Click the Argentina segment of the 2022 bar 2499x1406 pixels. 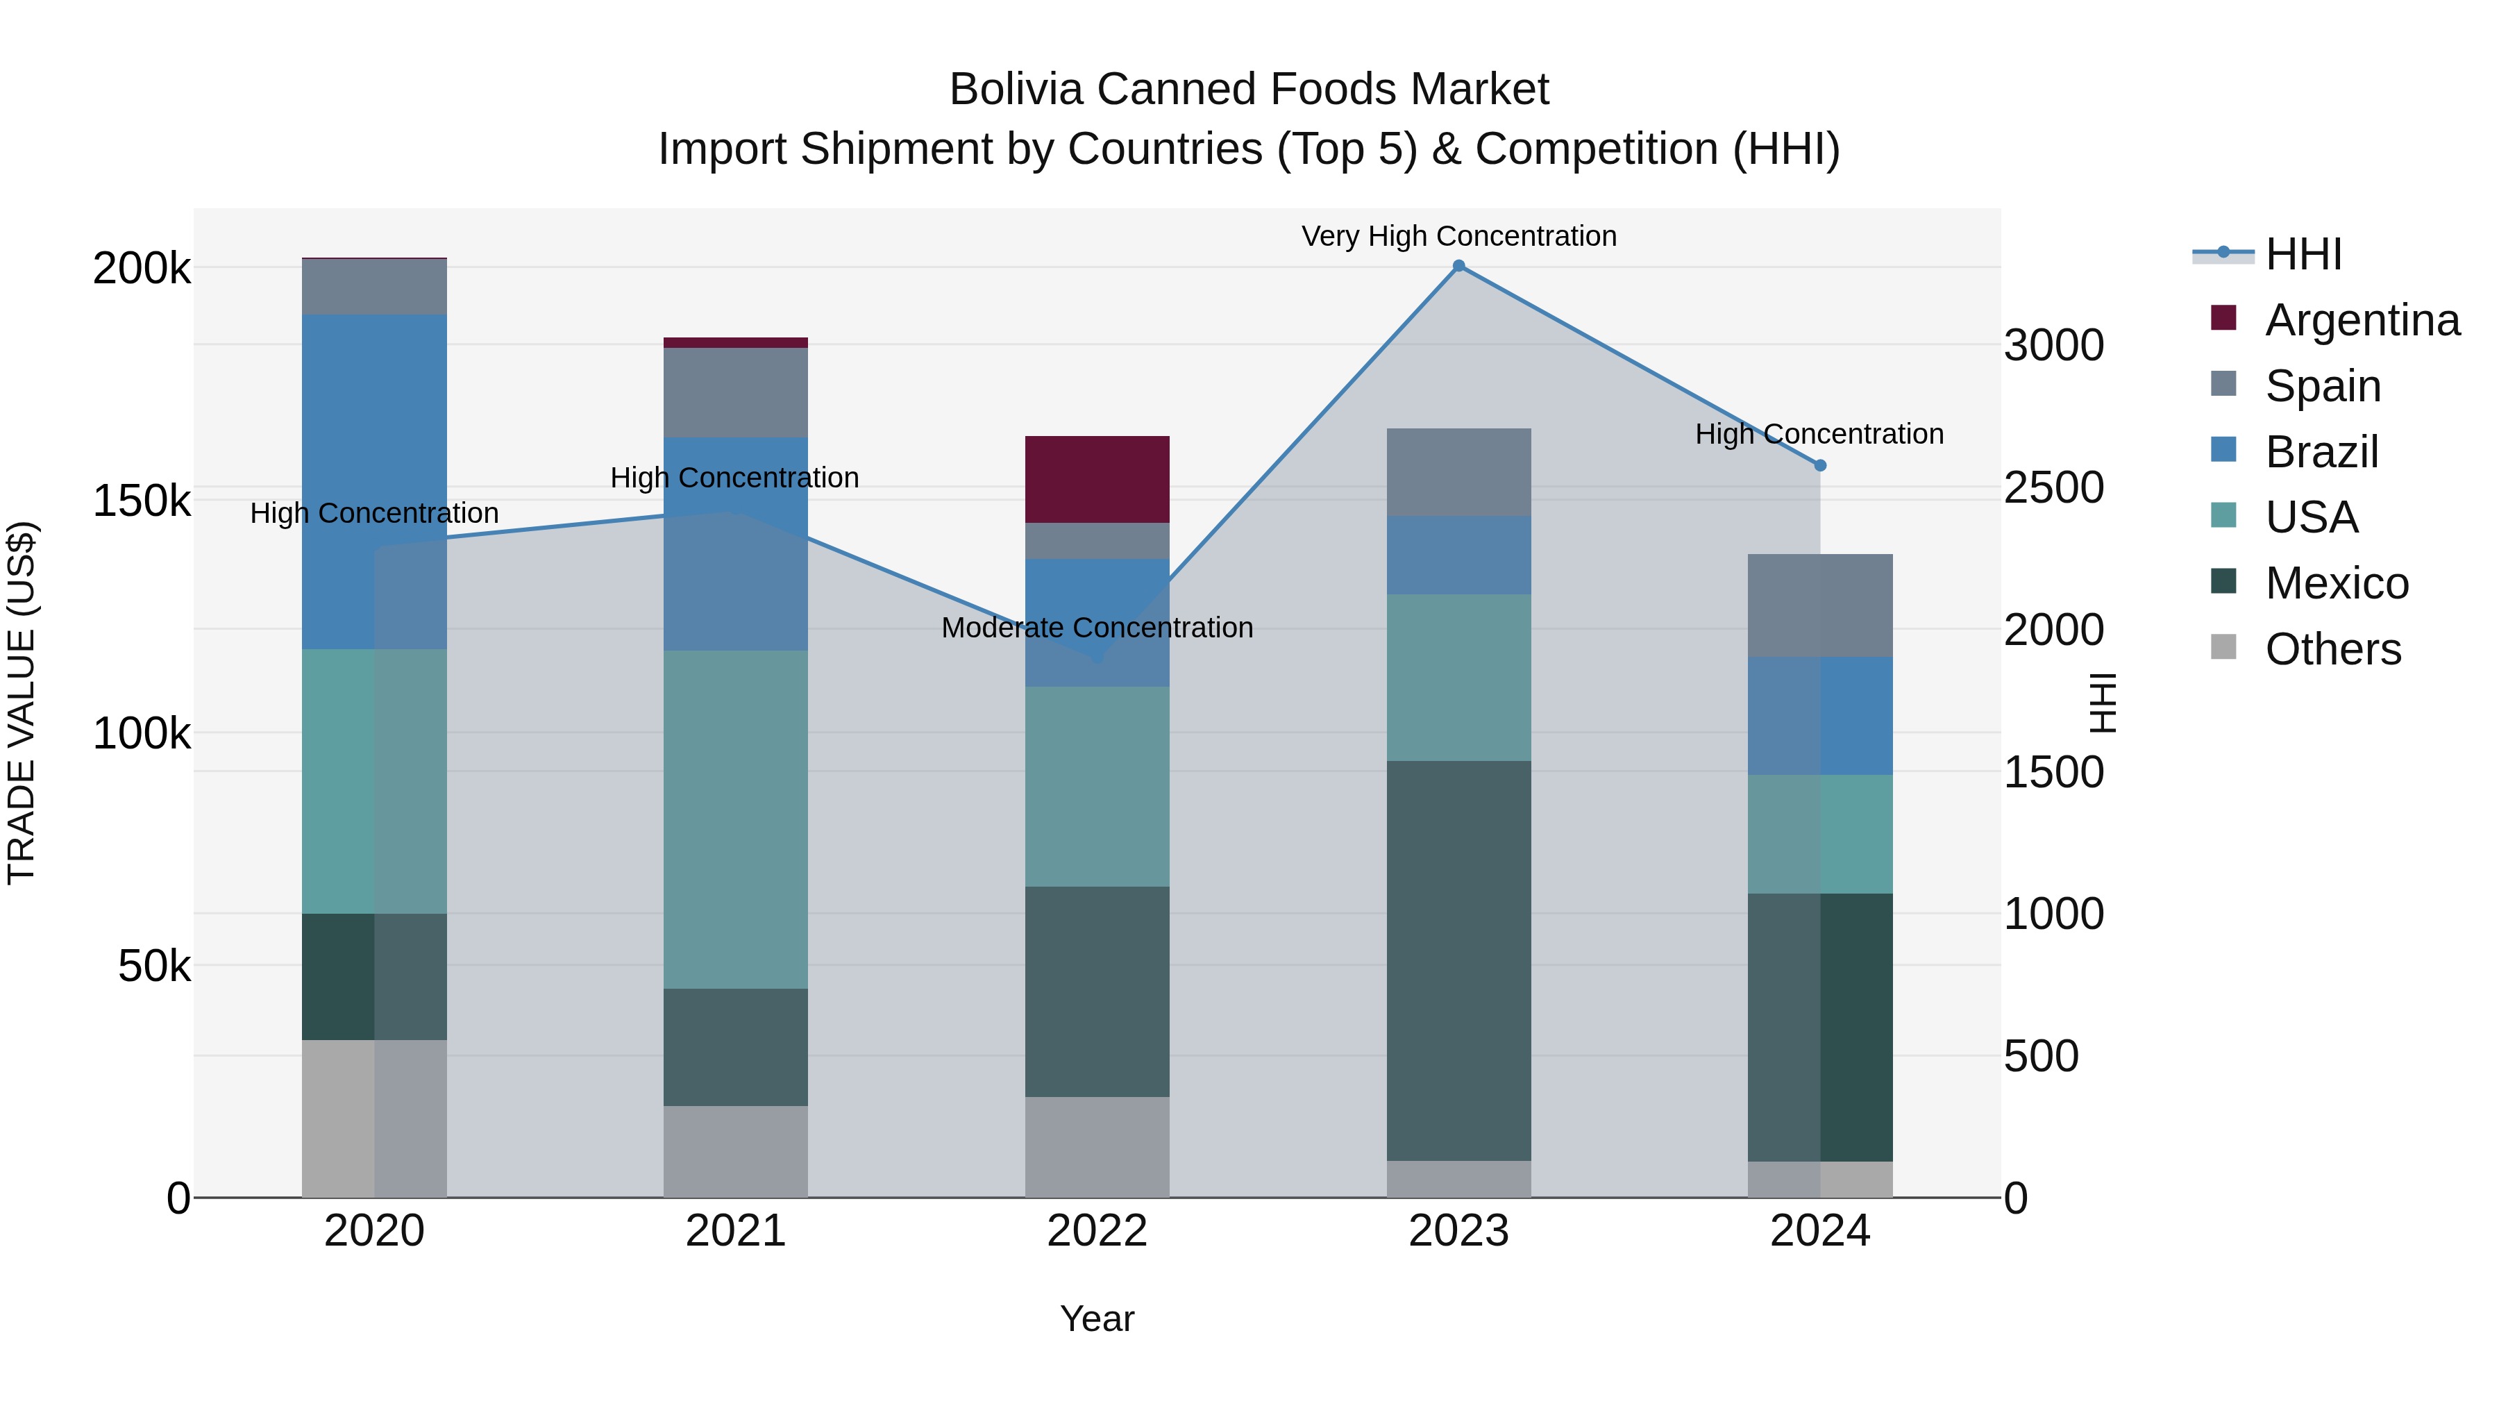click(1097, 479)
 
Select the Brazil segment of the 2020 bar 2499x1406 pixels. click(374, 481)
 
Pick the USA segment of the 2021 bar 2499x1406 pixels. click(735, 819)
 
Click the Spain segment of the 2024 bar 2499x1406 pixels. click(1820, 605)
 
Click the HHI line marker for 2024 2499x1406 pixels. click(1820, 466)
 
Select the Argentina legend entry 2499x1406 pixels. click(2362, 319)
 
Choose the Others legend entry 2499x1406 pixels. click(2332, 648)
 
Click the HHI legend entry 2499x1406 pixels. click(2303, 254)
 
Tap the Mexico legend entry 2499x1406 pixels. click(2336, 583)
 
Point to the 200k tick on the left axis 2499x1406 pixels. click(142, 268)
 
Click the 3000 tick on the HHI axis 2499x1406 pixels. click(2054, 346)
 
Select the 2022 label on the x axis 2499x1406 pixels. click(1097, 1231)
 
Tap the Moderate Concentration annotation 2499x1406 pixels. click(1097, 628)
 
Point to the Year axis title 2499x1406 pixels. click(1097, 1319)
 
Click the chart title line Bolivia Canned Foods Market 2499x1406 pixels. click(1249, 90)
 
